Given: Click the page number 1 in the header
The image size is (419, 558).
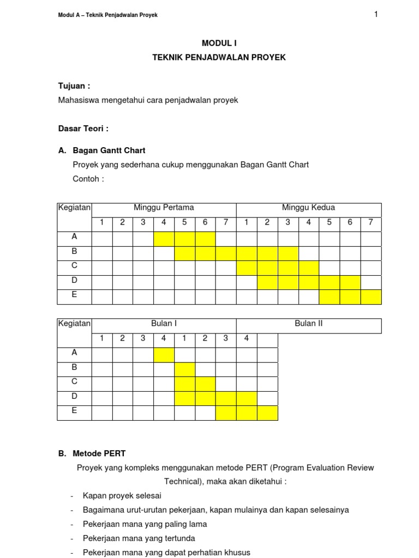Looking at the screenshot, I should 376,14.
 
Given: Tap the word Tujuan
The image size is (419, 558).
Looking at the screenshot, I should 72,86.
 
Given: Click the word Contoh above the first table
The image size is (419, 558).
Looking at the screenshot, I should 86,179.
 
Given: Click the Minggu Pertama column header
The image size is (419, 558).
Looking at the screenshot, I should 164,208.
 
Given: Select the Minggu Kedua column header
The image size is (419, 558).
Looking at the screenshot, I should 308,208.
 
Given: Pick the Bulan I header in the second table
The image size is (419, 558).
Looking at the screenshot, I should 164,324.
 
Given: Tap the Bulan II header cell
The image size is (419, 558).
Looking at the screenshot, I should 308,324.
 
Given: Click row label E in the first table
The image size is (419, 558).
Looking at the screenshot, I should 74,294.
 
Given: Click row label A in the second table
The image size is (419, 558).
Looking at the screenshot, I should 74,353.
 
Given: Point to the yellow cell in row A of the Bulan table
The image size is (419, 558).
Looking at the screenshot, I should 164,355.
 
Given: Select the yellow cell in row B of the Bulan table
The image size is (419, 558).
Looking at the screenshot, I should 184,370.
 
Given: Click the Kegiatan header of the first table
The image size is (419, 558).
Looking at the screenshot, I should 74,208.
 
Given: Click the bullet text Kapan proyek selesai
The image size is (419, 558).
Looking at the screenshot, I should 122,496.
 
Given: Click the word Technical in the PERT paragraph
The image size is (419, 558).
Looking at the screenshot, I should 183,482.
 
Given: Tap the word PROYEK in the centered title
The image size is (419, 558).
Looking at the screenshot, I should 267,57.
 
